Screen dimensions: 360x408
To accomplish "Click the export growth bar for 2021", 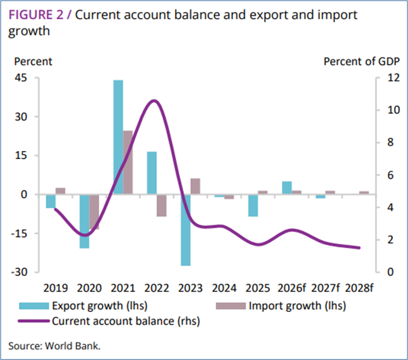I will point(118,137).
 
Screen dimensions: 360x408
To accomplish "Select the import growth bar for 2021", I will point(128,162).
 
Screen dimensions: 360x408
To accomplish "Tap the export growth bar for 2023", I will point(186,230).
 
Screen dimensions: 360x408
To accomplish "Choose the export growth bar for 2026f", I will point(287,188).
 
